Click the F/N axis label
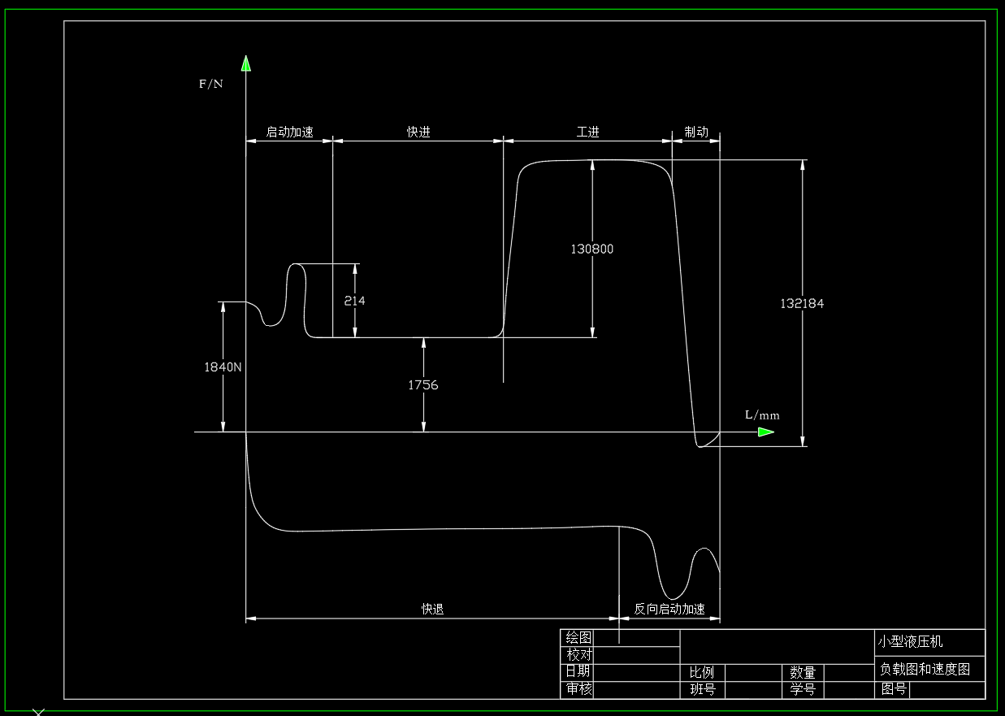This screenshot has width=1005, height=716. pos(211,83)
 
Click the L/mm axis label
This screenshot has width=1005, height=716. pos(762,415)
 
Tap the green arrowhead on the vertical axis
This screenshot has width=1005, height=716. pos(245,63)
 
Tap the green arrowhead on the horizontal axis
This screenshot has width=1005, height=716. pos(765,432)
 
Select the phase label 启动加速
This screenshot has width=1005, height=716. pos(290,132)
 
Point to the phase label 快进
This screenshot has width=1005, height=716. pos(418,132)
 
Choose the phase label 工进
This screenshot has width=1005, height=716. pos(587,132)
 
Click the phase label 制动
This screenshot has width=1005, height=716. pos(696,132)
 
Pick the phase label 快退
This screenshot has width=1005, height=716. pos(432,609)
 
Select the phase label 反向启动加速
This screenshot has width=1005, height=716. pos(669,609)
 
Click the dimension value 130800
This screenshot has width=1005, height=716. pos(592,249)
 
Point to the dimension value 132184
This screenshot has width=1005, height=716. pos(802,303)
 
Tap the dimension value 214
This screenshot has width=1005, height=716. pos(354,301)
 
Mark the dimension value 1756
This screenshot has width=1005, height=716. pos(423,384)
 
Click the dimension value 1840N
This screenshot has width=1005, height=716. pos(223,367)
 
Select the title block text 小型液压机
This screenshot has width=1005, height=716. pos(910,641)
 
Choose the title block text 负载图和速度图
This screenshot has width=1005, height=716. pos(925,670)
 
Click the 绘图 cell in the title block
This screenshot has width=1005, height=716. pos(578,637)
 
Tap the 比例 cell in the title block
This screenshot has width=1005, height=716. pos(702,673)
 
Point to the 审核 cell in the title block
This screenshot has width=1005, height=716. pos(578,689)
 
